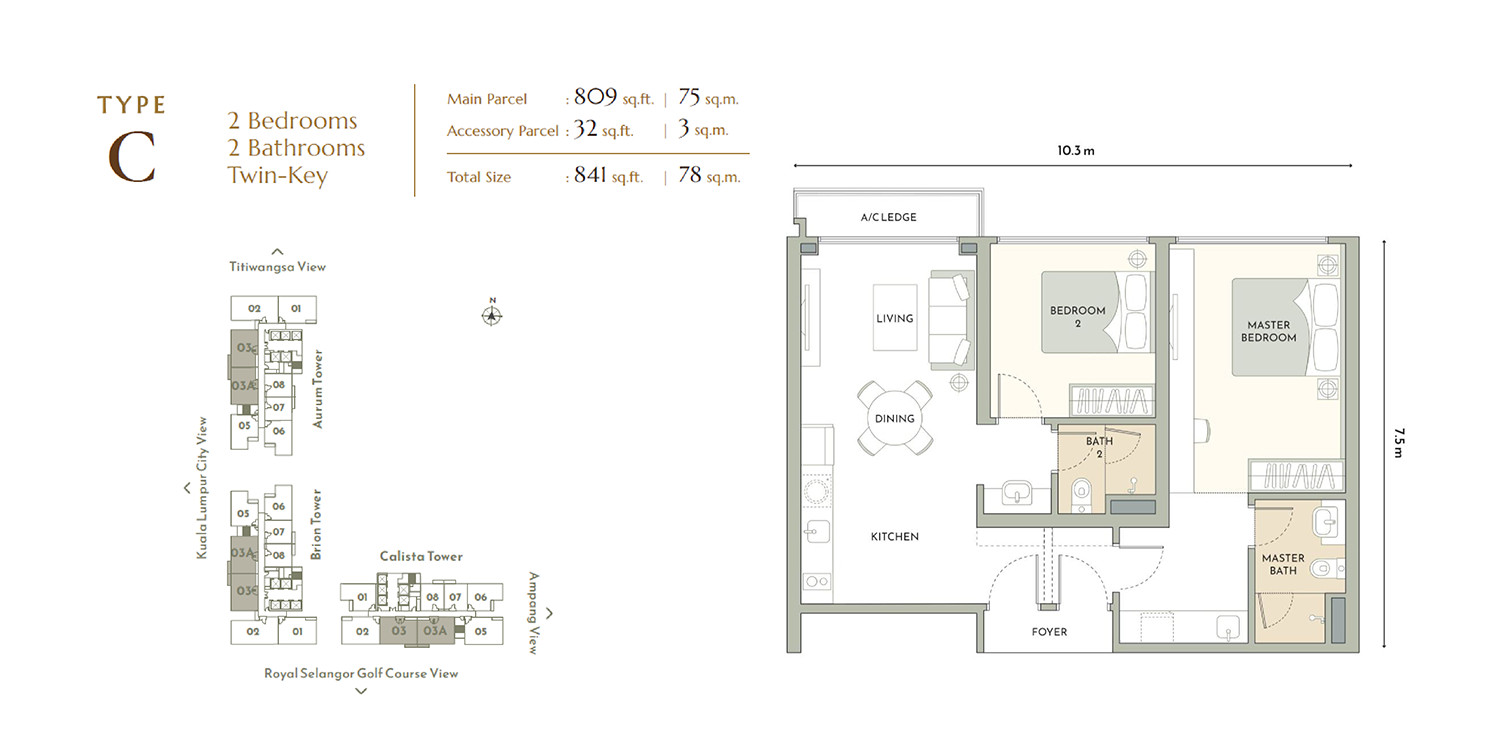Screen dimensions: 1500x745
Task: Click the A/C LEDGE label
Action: (x=888, y=217)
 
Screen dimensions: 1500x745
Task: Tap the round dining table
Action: (x=895, y=418)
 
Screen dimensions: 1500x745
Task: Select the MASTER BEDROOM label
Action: (x=1268, y=331)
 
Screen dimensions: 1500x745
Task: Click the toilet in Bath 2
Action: (x=1082, y=495)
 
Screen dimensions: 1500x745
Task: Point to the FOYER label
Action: (x=1049, y=632)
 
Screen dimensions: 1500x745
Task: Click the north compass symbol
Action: (x=492, y=313)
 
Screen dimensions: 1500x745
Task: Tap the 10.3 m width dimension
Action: (x=1075, y=151)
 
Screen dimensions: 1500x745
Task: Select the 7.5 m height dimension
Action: (x=1398, y=443)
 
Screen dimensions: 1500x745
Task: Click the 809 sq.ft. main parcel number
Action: (x=595, y=97)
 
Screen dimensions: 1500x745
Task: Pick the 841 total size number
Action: (x=590, y=175)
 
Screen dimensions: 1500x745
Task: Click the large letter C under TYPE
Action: (x=132, y=158)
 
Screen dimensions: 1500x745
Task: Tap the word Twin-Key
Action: (x=278, y=175)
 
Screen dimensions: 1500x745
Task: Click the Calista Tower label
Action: (x=421, y=556)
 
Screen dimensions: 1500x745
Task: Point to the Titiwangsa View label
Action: (x=277, y=267)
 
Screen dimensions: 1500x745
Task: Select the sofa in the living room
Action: (x=951, y=320)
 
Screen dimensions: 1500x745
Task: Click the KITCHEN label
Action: (x=895, y=537)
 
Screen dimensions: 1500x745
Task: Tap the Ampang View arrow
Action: (x=550, y=613)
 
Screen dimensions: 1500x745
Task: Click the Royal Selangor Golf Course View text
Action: (x=361, y=674)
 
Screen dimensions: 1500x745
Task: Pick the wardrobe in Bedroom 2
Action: (x=1111, y=400)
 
